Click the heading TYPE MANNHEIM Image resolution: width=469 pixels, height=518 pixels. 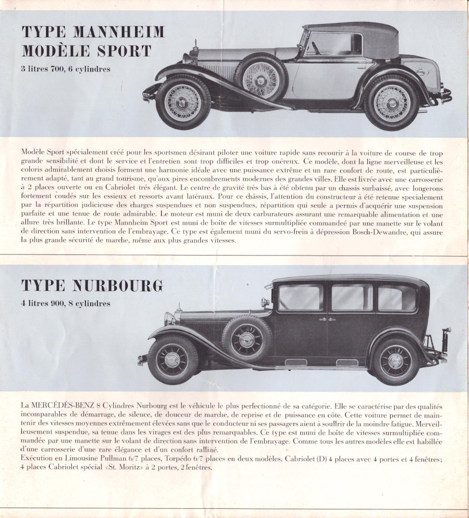[93, 31]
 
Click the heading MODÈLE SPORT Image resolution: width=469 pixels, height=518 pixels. [86, 51]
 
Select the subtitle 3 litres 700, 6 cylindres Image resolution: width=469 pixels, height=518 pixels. [66, 70]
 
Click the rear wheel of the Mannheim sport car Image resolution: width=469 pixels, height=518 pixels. [391, 102]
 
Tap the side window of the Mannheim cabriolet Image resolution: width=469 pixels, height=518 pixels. [334, 44]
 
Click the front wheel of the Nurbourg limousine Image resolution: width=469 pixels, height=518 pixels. [173, 360]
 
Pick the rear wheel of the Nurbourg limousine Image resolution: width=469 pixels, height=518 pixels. [395, 361]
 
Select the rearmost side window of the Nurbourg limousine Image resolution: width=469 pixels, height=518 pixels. [397, 298]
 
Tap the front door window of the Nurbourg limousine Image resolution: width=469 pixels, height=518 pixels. [300, 298]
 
